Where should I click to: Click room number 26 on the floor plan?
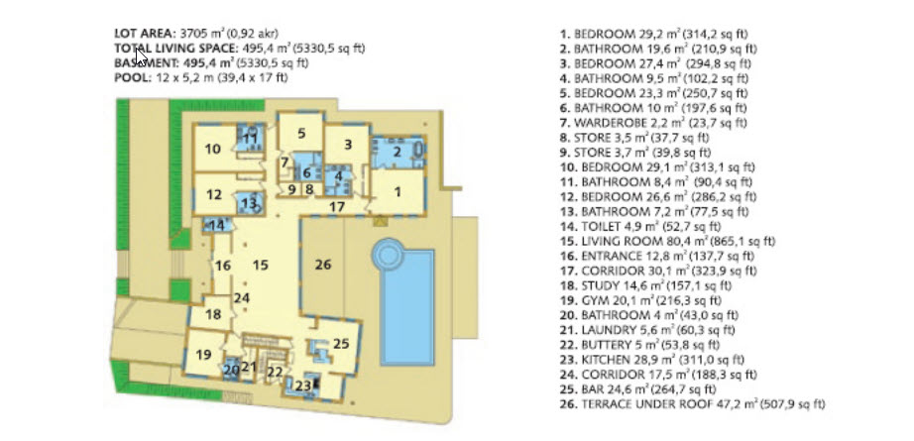tap(323, 265)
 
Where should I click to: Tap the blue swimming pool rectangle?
tap(406, 307)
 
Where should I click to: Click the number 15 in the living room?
tap(260, 265)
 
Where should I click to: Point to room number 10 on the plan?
tap(213, 149)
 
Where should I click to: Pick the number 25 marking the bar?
tap(341, 344)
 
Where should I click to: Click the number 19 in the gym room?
tap(203, 355)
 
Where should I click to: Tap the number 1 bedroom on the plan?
tap(399, 191)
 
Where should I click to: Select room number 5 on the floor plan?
tap(301, 134)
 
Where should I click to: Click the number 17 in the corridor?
tap(336, 206)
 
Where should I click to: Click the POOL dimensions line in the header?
tap(201, 77)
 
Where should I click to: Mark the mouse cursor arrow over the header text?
tap(141, 57)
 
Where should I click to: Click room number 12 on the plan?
tap(214, 194)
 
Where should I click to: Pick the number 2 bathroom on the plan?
tap(398, 153)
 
